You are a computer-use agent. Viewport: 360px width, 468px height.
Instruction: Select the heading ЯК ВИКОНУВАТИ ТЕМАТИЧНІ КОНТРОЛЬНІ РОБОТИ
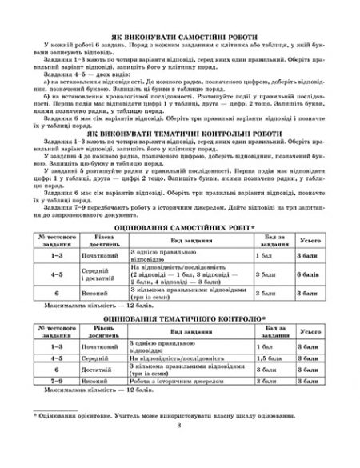point(180,132)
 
